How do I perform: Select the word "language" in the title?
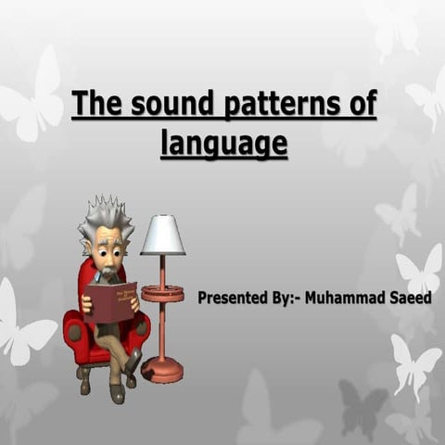(223, 145)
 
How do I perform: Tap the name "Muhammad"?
(347, 298)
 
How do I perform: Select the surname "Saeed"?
(411, 298)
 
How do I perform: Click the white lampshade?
(162, 235)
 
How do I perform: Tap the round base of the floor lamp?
(161, 369)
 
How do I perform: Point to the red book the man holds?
(110, 302)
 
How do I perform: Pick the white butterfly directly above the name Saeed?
(420, 270)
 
